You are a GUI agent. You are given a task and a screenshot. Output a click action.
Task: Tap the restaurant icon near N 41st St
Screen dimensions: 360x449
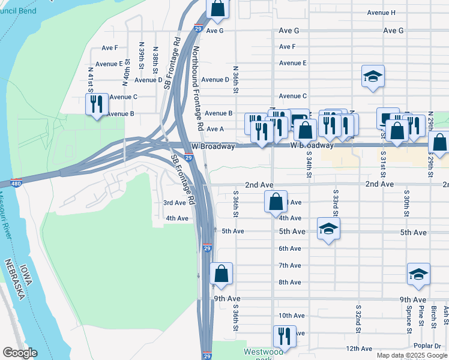pyautogui.click(x=97, y=104)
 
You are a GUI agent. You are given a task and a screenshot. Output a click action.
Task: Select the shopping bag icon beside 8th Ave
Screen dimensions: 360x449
pyautogui.click(x=221, y=274)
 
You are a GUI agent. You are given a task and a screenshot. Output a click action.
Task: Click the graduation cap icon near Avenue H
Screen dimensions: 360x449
pyautogui.click(x=373, y=76)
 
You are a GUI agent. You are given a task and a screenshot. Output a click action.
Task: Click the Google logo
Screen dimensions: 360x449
pyautogui.click(x=20, y=353)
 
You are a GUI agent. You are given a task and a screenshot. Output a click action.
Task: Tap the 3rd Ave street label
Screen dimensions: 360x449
pyautogui.click(x=175, y=203)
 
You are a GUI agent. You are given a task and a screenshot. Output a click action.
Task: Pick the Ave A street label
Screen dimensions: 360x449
pyautogui.click(x=215, y=129)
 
